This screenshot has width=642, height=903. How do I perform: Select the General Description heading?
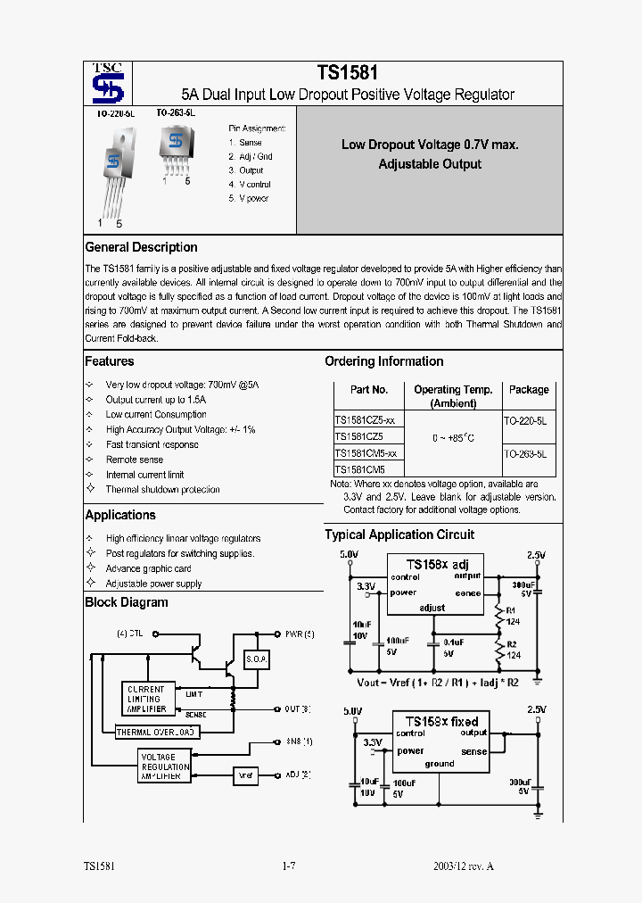click(141, 247)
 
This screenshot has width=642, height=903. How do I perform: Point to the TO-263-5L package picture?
click(175, 146)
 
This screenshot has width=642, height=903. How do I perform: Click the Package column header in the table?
click(529, 390)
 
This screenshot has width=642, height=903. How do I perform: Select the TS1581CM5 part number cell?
click(359, 469)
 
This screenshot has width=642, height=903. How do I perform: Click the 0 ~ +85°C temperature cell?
click(453, 438)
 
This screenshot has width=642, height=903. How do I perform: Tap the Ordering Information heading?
click(383, 361)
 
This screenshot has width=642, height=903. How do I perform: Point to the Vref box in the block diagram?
click(247, 775)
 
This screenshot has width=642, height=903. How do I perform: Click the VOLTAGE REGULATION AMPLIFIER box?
click(165, 766)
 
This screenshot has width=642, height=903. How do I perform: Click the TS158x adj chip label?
click(437, 565)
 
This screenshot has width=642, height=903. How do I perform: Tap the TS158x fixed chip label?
click(441, 721)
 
